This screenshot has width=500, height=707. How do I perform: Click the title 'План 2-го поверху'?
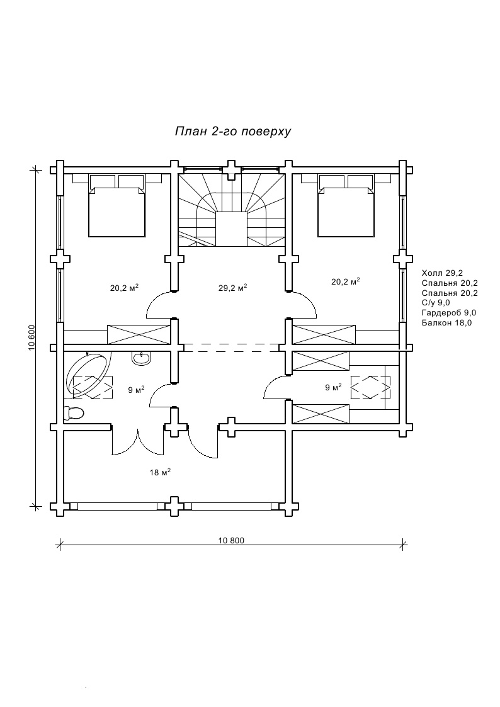point(231,132)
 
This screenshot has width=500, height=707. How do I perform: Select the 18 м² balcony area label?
point(161,472)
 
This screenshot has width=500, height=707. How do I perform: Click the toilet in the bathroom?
point(74,413)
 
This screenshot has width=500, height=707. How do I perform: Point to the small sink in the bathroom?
point(141,358)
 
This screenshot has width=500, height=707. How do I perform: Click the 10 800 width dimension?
point(231,540)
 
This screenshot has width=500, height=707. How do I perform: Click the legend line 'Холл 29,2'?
point(443,273)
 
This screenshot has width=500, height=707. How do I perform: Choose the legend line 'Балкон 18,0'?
point(446,322)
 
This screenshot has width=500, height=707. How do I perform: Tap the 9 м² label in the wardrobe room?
point(333,388)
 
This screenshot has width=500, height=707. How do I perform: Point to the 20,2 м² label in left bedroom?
point(124,288)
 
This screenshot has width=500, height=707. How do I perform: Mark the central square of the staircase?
point(232,230)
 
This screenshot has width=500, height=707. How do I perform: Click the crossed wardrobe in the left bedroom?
point(139,334)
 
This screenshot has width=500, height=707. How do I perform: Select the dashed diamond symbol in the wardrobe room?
point(370,387)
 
